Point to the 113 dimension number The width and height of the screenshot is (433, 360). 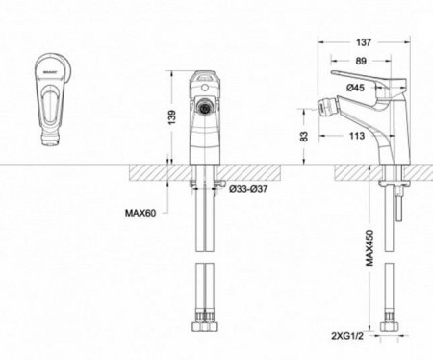(x=355, y=136)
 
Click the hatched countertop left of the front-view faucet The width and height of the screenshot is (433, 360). (x=144, y=172)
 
